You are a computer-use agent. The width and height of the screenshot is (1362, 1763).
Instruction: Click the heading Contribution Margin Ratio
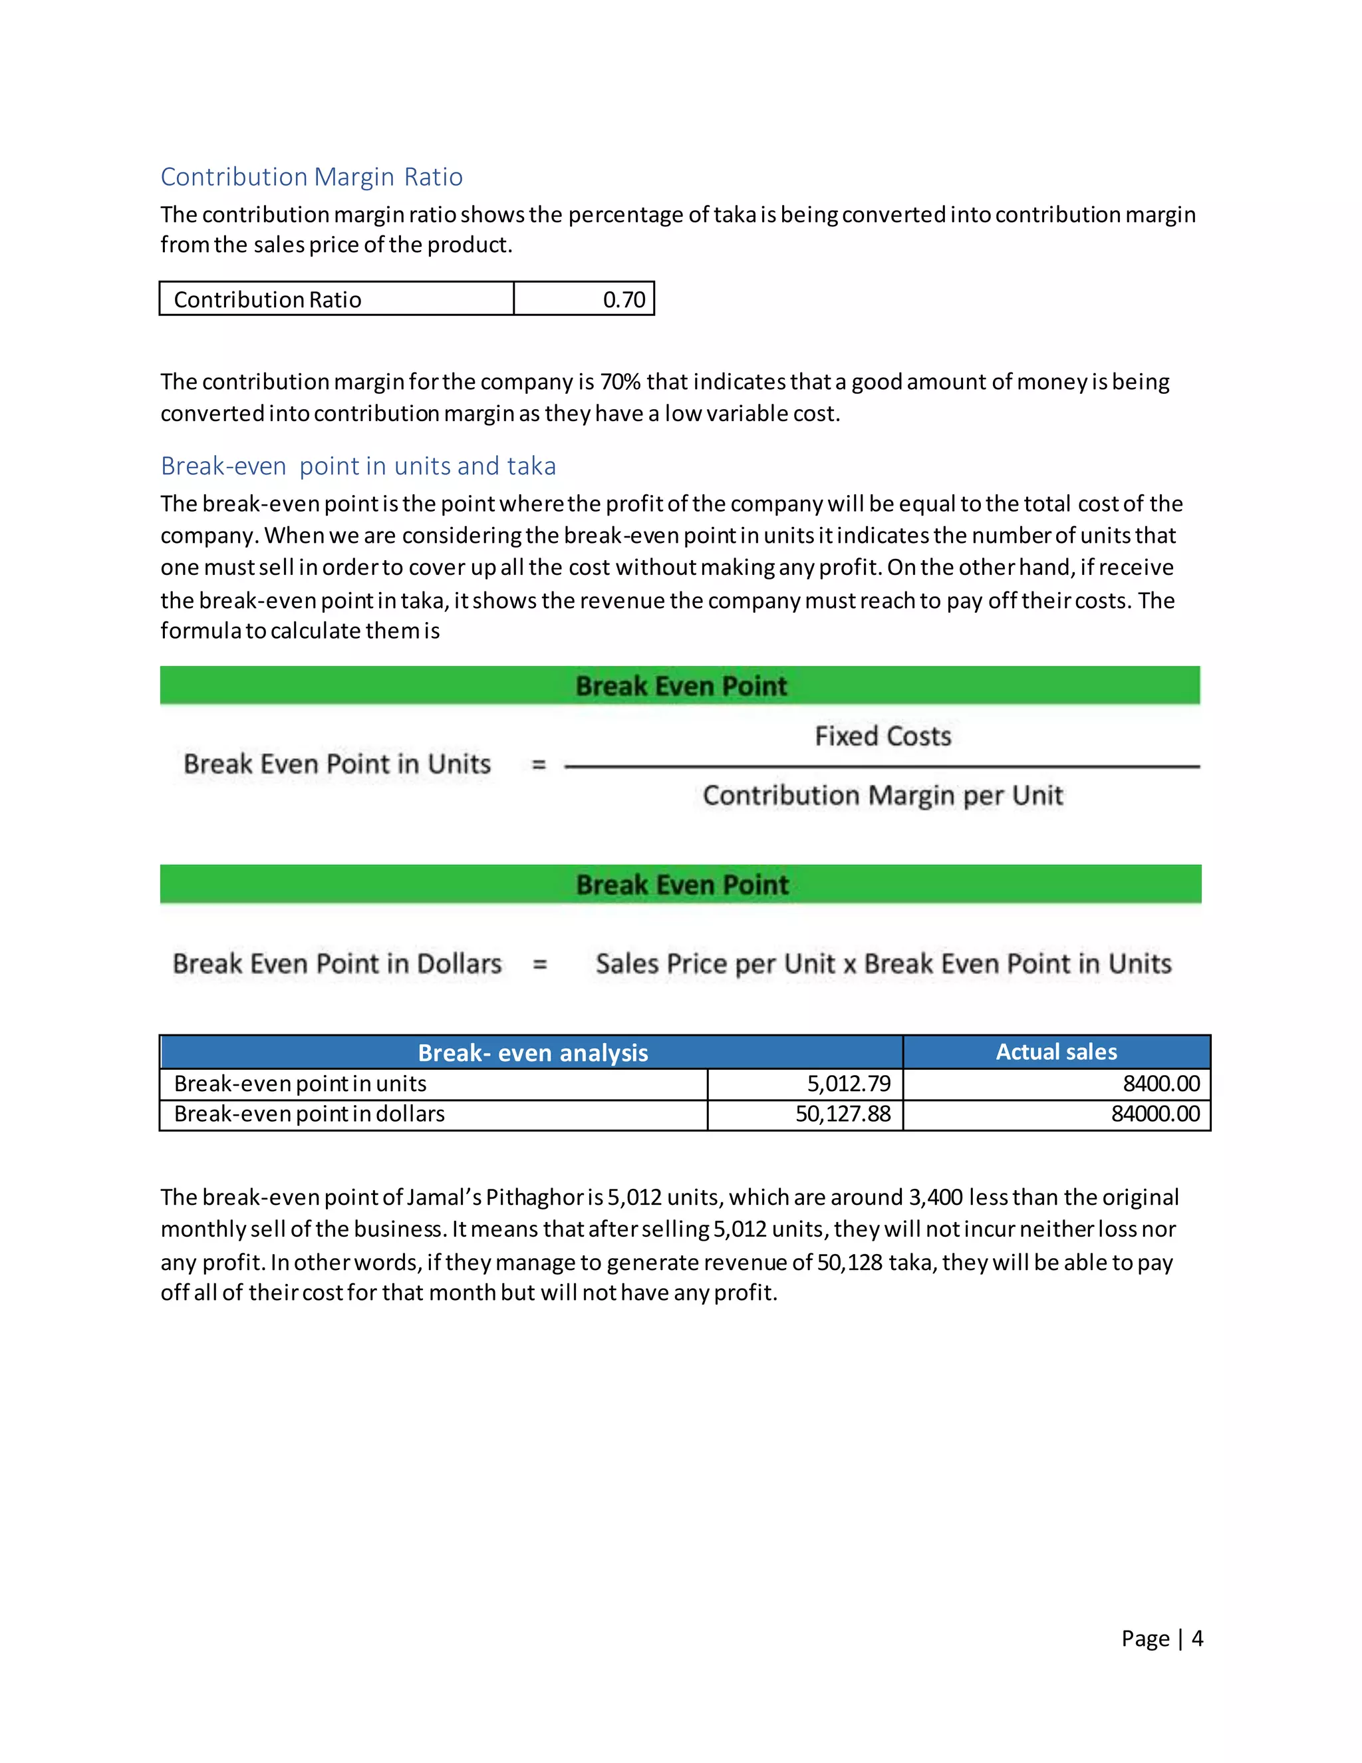pos(311,176)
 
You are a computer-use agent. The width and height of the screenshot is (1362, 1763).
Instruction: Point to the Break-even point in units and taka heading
pos(358,466)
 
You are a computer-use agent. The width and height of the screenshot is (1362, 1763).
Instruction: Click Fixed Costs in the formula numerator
pos(883,736)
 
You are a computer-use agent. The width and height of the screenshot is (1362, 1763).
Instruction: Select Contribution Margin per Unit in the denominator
pos(883,796)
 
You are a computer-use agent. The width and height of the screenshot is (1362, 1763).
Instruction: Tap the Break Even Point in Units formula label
pos(337,764)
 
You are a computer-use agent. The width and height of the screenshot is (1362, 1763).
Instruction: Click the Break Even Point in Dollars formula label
pos(337,964)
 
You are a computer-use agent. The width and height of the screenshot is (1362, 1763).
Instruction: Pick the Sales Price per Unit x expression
pos(726,964)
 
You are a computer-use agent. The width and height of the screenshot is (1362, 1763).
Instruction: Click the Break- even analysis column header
pos(533,1052)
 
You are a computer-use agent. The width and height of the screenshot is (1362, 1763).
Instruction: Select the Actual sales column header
pos(1056,1052)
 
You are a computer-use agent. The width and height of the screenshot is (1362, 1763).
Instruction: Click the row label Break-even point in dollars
pos(309,1114)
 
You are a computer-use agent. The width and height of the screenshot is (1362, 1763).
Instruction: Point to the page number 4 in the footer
pos(1197,1638)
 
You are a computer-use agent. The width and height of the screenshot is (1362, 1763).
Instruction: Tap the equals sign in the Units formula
pos(539,764)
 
